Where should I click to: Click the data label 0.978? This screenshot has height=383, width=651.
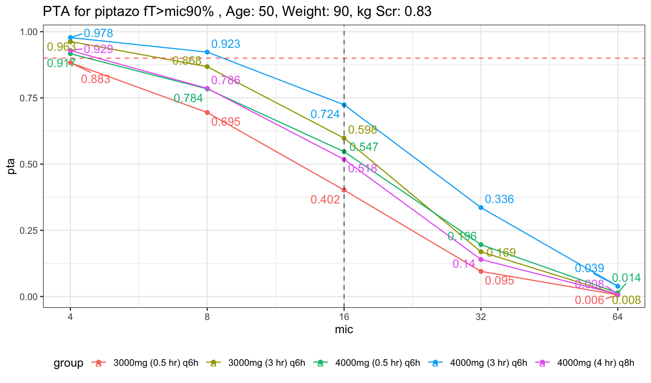pos(98,34)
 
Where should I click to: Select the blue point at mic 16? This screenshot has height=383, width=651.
pos(344,105)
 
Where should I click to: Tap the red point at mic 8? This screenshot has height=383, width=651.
pos(207,113)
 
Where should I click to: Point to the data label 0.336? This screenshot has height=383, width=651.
pos(499,199)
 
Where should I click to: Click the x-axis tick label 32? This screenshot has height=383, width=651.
pos(481,318)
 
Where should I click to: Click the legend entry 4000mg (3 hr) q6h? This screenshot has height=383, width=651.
pos(488,363)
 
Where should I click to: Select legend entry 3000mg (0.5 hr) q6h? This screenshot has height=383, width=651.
pos(156,363)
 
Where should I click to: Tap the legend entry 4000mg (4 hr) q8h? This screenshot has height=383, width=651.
pos(595,363)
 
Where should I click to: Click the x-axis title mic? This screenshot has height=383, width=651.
pos(344,330)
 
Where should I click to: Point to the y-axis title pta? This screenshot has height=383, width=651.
pos(12,166)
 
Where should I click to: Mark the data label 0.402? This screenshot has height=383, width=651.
pos(325,199)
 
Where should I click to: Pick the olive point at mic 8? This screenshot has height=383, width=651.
pos(207,67)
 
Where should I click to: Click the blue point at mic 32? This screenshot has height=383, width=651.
pos(481,207)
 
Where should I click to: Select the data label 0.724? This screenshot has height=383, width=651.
pos(325,115)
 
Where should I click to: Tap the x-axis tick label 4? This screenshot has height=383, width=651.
pos(70,318)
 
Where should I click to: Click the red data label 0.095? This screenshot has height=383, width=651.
pos(499,281)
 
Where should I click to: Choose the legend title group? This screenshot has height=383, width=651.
pos(68,363)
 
